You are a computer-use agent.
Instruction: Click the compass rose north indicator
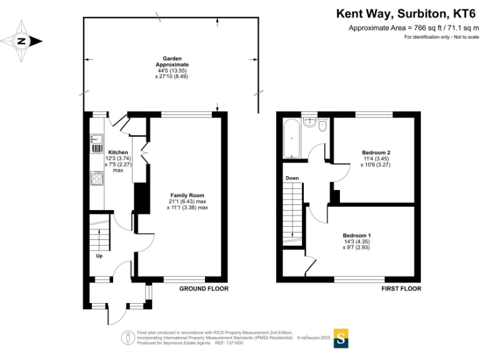[x=22, y=41]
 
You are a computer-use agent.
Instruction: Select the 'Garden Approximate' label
[x=172, y=61]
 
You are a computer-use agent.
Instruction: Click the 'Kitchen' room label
[x=118, y=152]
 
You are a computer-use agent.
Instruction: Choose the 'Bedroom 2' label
[x=376, y=152]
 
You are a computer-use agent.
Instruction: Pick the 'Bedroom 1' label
[x=357, y=235]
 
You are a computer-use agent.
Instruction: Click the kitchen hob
[x=98, y=179]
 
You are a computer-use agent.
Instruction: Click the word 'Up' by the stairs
[x=99, y=256]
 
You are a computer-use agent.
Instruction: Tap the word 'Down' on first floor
[x=292, y=178]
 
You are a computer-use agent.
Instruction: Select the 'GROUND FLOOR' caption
[x=204, y=289]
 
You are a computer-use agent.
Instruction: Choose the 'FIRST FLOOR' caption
[x=401, y=289]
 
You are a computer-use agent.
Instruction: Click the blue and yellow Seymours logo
[x=341, y=337]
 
